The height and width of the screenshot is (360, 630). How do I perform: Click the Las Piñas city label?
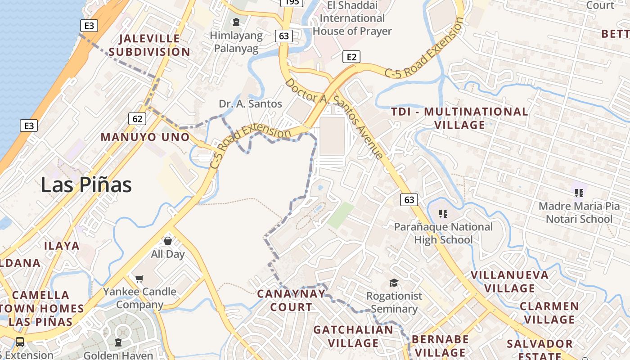[86, 185]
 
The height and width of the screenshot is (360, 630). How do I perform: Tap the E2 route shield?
[351, 57]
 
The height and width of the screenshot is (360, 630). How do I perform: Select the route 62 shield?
[137, 119]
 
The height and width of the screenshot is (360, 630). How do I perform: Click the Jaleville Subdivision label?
[149, 45]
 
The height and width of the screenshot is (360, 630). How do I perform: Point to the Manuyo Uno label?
[145, 137]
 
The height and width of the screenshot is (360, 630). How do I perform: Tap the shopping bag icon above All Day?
[168, 241]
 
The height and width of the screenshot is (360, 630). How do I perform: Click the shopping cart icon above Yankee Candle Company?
[139, 279]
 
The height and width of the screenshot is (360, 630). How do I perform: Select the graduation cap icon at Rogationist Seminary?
[394, 283]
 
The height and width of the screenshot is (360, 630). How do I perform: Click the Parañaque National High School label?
[443, 233]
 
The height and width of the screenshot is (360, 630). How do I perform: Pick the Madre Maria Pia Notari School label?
[579, 213]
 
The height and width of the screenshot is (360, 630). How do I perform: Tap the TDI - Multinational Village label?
[459, 118]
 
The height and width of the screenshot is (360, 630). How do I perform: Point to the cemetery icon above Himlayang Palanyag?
[236, 22]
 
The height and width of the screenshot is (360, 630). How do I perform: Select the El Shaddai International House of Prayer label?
[352, 18]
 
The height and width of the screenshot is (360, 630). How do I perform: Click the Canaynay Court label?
[291, 301]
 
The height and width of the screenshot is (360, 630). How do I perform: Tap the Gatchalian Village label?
[353, 336]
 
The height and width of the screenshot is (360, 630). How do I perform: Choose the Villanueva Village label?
[509, 281]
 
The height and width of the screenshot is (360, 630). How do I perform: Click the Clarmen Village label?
[549, 313]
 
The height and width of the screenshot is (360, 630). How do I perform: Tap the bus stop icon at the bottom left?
[20, 342]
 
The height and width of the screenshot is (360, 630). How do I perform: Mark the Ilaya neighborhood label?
[62, 246]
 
